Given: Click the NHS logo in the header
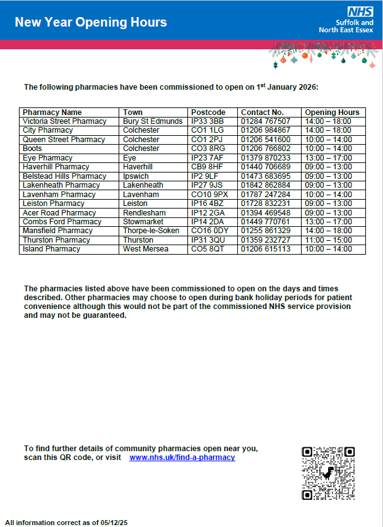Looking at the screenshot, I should [x=360, y=12].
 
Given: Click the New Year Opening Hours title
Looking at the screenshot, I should [x=91, y=23].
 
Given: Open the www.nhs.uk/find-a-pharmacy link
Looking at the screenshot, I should [x=182, y=457].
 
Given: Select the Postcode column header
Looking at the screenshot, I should [x=208, y=112].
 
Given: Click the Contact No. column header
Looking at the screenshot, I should [x=262, y=112].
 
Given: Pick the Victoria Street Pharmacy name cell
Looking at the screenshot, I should [x=64, y=121].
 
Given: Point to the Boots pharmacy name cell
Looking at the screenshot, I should [x=32, y=148].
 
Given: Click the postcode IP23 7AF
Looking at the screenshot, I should [x=208, y=158].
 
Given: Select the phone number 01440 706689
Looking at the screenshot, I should [x=266, y=167].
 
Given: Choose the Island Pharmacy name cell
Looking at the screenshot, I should [x=51, y=249].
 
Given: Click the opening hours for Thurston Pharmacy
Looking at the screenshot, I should [x=328, y=240].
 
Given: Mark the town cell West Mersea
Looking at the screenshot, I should [x=146, y=249].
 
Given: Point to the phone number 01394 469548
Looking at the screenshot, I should [x=266, y=213].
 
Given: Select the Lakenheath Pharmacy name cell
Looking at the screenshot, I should [x=61, y=185].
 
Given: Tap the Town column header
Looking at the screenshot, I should [x=133, y=112].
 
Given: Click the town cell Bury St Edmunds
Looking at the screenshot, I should [x=153, y=121].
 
